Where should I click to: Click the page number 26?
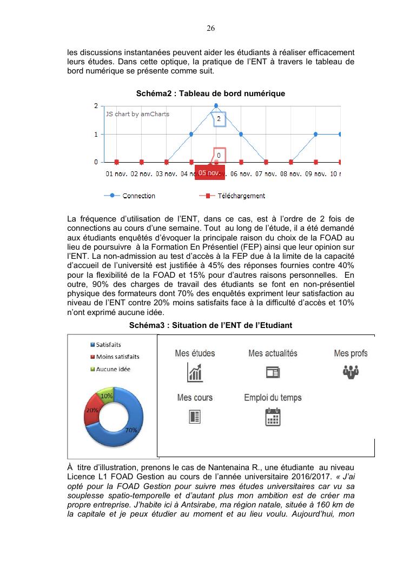211,28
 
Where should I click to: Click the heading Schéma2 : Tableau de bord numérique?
210,93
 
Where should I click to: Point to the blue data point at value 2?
216,105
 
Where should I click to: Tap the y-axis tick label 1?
96,134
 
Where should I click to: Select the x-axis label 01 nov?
117,174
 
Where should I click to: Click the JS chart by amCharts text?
137,114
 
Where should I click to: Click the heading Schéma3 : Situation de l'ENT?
210,325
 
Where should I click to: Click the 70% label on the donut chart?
130,430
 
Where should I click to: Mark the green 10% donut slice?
106,396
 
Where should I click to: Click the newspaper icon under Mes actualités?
273,372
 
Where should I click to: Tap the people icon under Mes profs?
351,372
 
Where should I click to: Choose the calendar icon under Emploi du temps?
273,417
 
